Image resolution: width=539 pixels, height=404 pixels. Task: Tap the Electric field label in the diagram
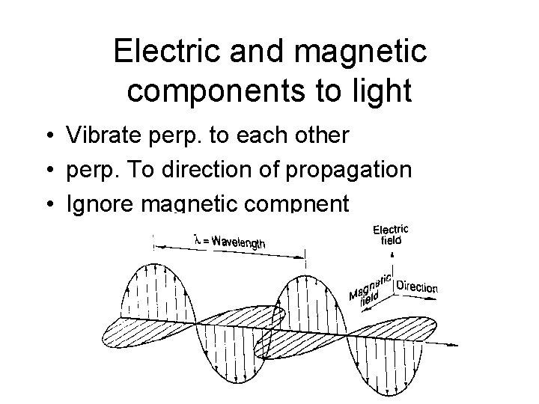coord(391,234)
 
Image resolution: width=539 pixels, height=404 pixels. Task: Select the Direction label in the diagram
coord(417,287)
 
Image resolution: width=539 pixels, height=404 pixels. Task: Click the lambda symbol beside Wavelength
coord(198,239)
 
